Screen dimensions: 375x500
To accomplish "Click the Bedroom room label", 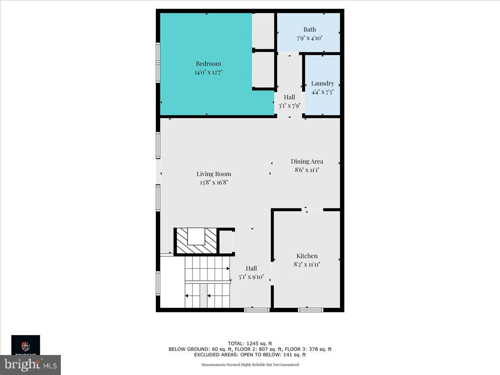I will (x=208, y=64).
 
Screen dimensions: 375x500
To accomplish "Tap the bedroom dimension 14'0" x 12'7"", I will (x=208, y=72).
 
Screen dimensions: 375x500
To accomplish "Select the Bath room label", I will (x=310, y=30).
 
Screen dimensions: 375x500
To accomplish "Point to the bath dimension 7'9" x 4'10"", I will (x=310, y=38).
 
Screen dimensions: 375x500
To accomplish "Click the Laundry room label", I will (x=322, y=83).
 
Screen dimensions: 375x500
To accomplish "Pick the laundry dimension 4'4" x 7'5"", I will (x=322, y=92).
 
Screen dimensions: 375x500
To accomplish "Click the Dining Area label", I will (x=307, y=161).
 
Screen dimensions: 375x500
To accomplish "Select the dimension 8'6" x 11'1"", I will (x=307, y=170).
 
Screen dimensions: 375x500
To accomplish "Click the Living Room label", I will (x=214, y=174).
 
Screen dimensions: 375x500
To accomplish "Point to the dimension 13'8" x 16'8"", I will (x=214, y=182).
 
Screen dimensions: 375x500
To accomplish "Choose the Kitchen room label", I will (x=307, y=256).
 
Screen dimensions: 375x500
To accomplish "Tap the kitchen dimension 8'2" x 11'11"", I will (x=307, y=264).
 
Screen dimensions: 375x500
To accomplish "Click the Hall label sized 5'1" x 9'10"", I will (x=251, y=268).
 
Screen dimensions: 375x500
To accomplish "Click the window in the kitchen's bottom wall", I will (x=310, y=310).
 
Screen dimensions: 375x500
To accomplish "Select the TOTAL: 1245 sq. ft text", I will (x=250, y=344).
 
